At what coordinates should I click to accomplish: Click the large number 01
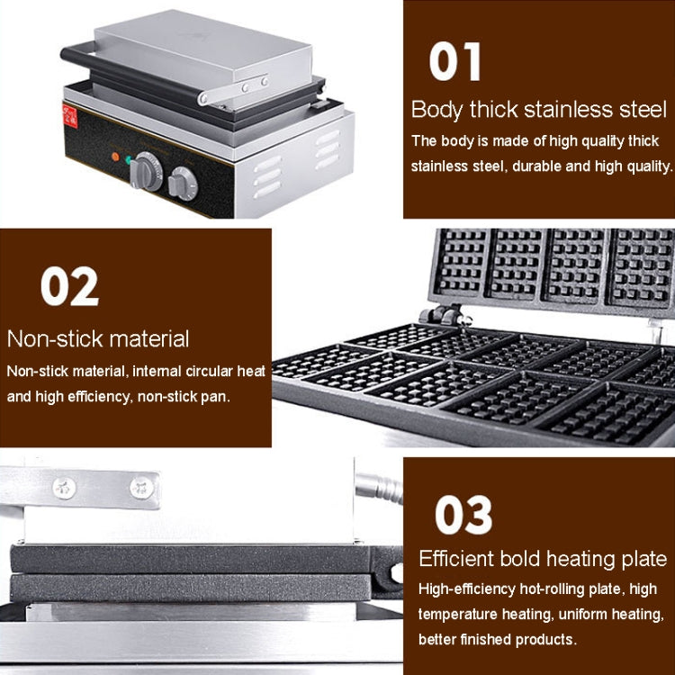coord(454,61)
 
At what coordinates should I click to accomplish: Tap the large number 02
coord(69,286)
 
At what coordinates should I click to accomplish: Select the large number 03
coord(463,515)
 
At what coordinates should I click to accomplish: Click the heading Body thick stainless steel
coord(539,109)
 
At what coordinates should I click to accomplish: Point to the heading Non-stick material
coord(98,338)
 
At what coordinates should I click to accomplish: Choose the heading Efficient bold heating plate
coord(543,559)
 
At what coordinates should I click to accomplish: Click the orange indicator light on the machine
coord(115,157)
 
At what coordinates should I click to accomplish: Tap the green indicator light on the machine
coord(129,160)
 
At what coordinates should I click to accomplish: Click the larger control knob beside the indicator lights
coord(146,172)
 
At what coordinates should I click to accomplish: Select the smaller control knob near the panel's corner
coord(183,184)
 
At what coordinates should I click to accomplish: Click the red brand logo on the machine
coord(69,117)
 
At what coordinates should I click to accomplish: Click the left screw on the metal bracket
coord(65,489)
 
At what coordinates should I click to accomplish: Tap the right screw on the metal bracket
coord(141,488)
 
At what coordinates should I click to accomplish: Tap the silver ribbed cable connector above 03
coord(379,488)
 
